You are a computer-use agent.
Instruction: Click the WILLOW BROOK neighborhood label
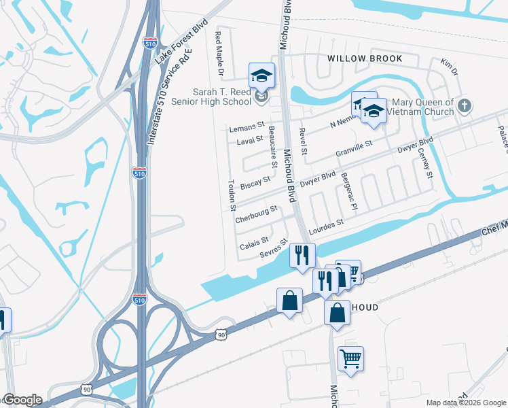coord(364,59)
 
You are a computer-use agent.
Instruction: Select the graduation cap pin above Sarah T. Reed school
coord(261,75)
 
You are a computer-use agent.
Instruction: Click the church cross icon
coord(464,105)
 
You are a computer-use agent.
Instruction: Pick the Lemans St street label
coord(246,127)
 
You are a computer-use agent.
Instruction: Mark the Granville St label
coord(355,150)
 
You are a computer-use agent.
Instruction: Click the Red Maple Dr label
coord(219,52)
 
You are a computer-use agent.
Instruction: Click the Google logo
coord(22,400)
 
